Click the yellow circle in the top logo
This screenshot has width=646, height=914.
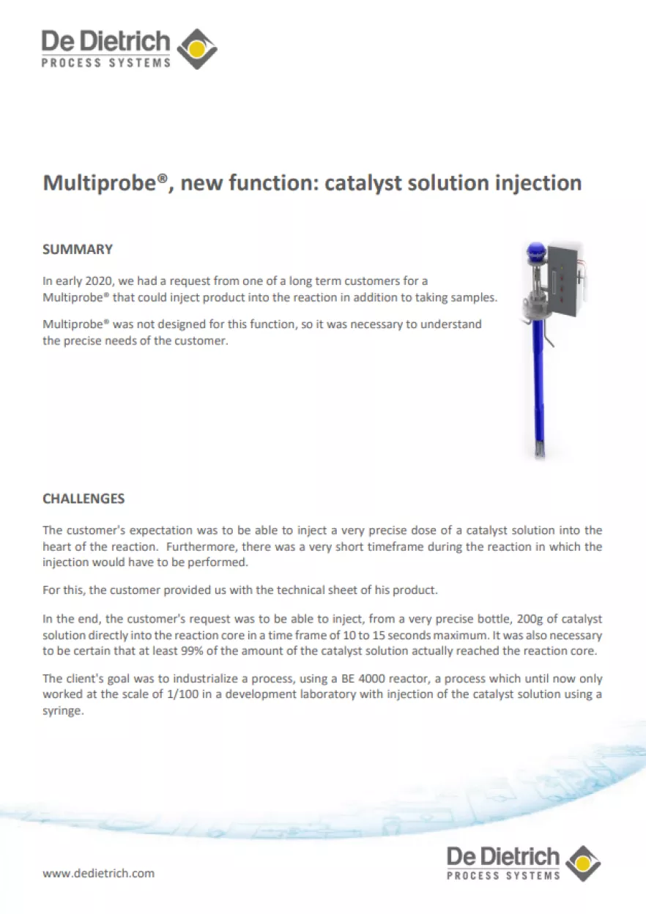[x=197, y=49]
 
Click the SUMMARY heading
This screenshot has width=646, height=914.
[x=78, y=249]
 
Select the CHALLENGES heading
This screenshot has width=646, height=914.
[x=83, y=499]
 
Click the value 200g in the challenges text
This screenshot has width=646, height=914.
[x=530, y=620]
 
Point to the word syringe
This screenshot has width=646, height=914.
[x=63, y=711]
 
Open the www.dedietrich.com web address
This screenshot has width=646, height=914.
[x=99, y=873]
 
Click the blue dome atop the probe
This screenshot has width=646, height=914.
[x=536, y=252]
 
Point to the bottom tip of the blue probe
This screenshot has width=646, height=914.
[x=540, y=458]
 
